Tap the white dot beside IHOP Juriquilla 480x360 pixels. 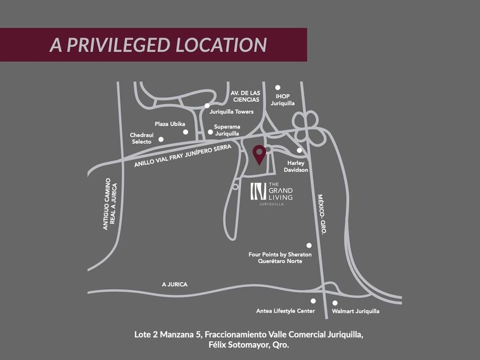278,87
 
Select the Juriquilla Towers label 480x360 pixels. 231,111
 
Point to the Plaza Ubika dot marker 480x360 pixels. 185,132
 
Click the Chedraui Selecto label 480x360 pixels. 141,138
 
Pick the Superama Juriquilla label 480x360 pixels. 227,130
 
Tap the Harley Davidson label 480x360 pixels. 296,166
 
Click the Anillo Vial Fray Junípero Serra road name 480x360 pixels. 183,155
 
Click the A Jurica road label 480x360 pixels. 174,284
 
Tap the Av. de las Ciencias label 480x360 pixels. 246,95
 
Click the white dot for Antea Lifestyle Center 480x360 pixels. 313,301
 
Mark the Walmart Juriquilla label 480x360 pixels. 355,311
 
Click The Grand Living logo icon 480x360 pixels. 258,191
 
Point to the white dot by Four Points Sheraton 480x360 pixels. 309,245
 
